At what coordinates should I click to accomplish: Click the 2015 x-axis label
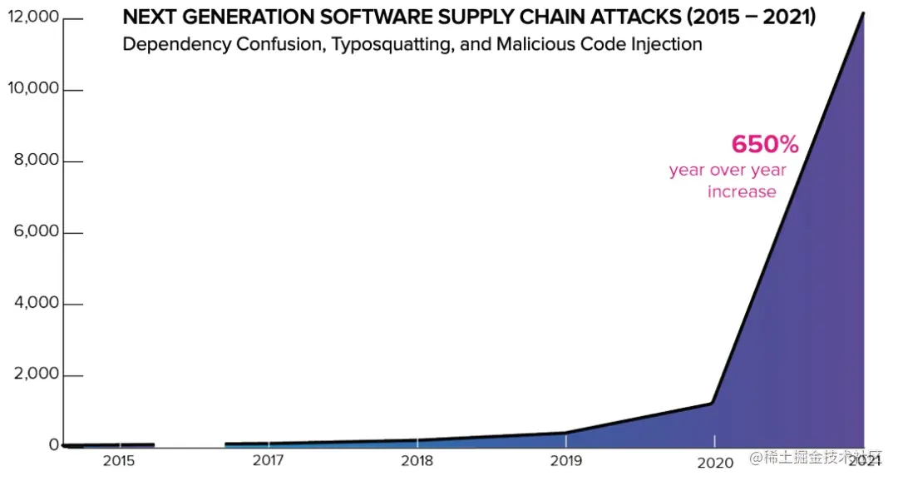[x=119, y=461]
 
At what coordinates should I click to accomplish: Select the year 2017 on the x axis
[x=269, y=461]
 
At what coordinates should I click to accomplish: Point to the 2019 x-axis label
[x=566, y=461]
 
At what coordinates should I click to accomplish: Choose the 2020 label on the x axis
[x=714, y=462]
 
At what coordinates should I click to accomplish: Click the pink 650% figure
[x=765, y=145]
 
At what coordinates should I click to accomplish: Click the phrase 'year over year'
[x=728, y=171]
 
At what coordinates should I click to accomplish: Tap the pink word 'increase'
[x=742, y=192]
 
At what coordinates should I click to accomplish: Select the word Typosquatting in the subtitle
[x=392, y=44]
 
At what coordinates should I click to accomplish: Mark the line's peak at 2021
[x=863, y=13]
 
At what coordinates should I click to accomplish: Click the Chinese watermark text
[x=820, y=459]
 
